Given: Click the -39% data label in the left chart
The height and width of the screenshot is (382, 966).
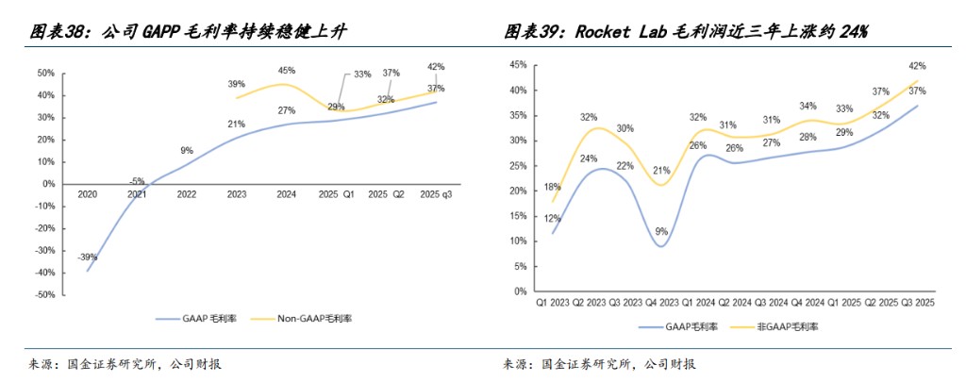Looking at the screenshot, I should pyautogui.click(x=88, y=257).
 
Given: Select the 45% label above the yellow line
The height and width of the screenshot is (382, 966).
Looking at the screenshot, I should pyautogui.click(x=287, y=70).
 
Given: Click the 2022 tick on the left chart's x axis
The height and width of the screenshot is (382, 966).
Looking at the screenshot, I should pyautogui.click(x=187, y=193).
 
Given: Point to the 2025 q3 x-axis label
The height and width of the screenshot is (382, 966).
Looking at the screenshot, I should pyautogui.click(x=436, y=193).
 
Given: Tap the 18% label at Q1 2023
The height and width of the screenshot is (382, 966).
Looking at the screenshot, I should pyautogui.click(x=552, y=187).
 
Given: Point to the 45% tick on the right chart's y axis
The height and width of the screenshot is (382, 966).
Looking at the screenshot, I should pyautogui.click(x=518, y=65).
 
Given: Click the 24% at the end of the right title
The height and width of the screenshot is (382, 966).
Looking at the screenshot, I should pyautogui.click(x=853, y=32).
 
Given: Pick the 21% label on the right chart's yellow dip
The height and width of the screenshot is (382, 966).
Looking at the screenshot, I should pyautogui.click(x=661, y=171).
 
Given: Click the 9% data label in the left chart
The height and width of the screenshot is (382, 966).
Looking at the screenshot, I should pyautogui.click(x=187, y=151).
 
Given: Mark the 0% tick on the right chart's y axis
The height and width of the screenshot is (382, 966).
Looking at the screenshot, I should pyautogui.click(x=521, y=291).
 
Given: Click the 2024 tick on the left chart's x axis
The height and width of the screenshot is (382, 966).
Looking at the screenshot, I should pyautogui.click(x=287, y=193).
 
